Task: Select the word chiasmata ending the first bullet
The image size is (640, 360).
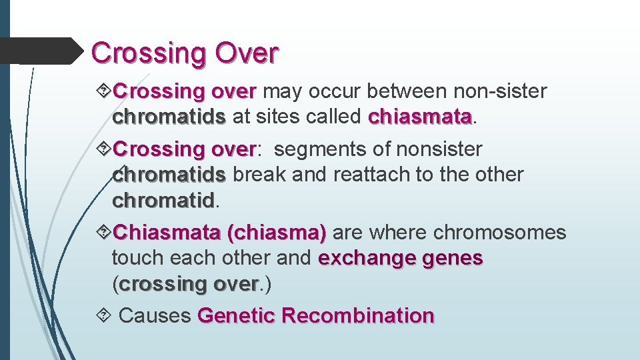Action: [x=419, y=117]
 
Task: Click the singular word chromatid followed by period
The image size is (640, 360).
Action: [x=163, y=200]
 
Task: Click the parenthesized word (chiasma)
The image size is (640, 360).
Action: [x=276, y=233]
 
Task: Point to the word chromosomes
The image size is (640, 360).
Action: [x=499, y=233]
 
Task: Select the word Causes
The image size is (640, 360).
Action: [x=155, y=315]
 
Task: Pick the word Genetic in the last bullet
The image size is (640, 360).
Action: [x=236, y=315]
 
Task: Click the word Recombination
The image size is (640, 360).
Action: [x=357, y=315]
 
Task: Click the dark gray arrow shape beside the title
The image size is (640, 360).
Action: [x=40, y=51]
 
